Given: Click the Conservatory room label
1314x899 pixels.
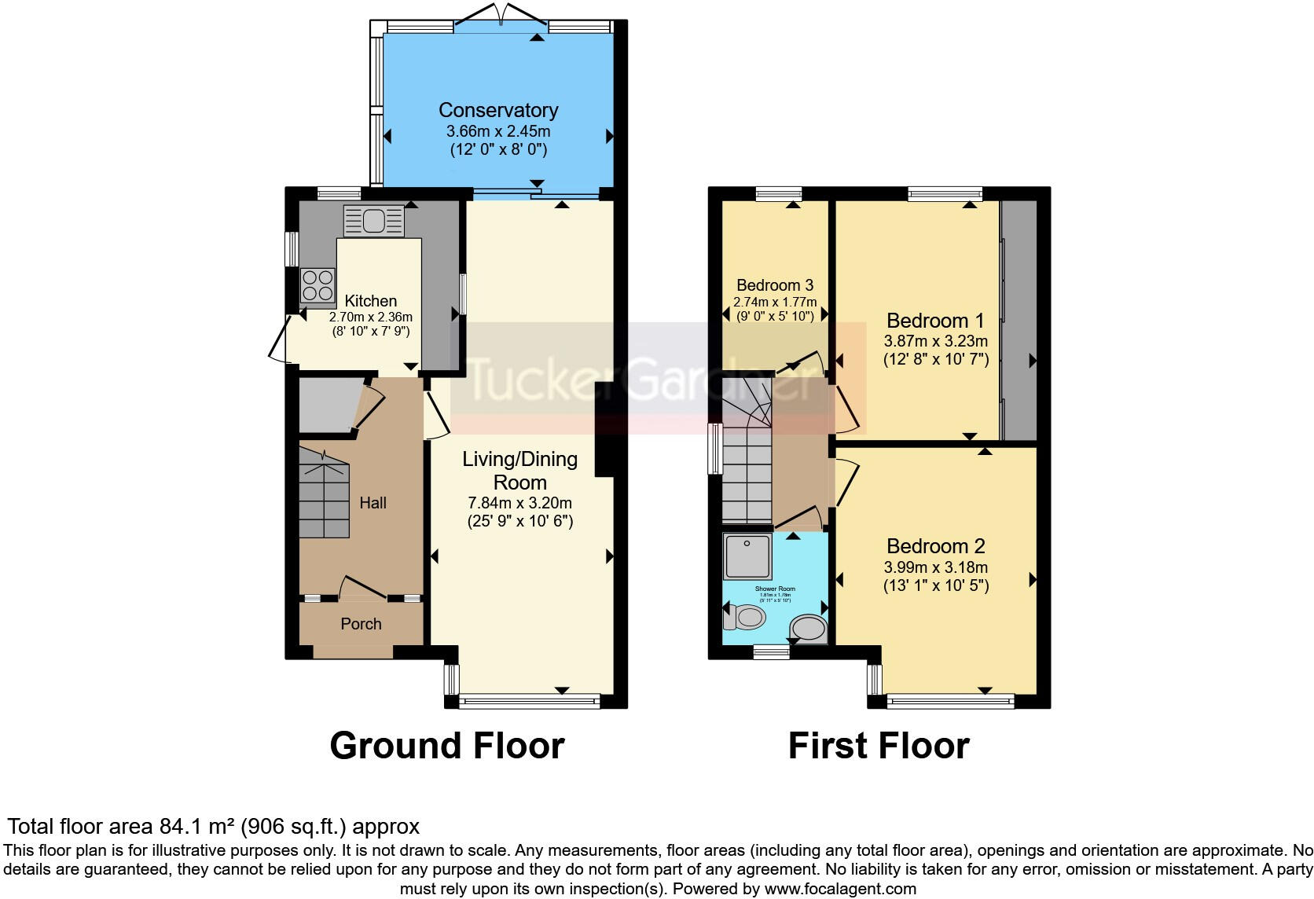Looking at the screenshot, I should tap(498, 110).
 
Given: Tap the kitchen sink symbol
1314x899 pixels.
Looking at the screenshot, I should tap(373, 221).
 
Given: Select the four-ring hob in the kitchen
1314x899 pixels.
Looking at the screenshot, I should tap(317, 285).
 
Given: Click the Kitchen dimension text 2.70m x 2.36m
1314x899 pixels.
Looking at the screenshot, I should tap(370, 317).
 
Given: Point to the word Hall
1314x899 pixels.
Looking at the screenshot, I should tap(373, 503).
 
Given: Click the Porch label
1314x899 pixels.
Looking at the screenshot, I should tap(361, 624).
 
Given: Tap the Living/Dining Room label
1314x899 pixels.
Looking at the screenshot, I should tap(519, 471).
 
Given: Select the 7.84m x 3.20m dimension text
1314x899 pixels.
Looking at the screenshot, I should tap(519, 503).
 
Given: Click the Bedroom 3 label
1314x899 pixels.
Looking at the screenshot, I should tap(775, 285).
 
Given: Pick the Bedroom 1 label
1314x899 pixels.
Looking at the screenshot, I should tap(935, 321).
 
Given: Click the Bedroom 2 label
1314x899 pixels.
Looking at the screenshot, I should tap(935, 546).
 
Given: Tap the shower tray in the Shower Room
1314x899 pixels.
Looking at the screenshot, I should tap(747, 556).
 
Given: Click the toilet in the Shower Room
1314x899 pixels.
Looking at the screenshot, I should tap(744, 618).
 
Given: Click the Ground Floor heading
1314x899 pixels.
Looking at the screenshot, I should tap(446, 746).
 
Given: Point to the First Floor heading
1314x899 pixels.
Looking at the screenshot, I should tap(879, 746).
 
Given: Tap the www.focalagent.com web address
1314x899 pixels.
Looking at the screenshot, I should tap(839, 890).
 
